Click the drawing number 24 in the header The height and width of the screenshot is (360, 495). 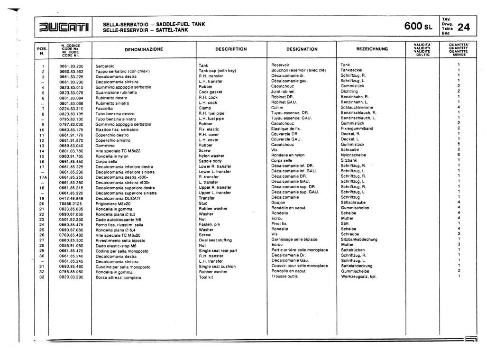(x=463, y=28)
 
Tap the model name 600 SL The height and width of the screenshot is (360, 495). (x=419, y=27)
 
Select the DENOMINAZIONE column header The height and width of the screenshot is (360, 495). (x=144, y=49)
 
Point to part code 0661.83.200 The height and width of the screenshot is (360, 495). (x=71, y=65)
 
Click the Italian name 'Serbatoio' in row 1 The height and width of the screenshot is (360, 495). (x=105, y=65)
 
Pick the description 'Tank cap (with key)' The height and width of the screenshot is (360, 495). (x=217, y=71)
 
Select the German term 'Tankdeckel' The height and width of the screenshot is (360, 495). (x=351, y=71)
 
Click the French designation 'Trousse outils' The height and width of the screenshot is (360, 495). (x=284, y=277)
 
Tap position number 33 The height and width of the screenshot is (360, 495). (x=42, y=277)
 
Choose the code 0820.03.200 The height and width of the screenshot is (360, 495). (x=71, y=277)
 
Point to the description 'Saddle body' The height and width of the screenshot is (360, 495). (x=210, y=161)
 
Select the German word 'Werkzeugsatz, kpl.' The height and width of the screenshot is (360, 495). (x=358, y=277)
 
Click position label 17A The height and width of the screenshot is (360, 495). (x=42, y=176)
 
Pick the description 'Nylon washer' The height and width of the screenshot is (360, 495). (x=211, y=156)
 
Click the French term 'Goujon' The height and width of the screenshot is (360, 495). (x=278, y=203)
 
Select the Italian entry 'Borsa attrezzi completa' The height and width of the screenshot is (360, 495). (x=119, y=277)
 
